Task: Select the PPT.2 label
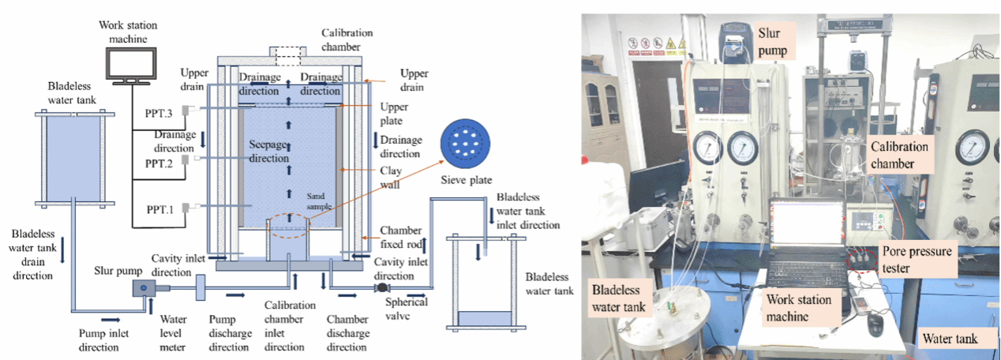[x=160, y=163]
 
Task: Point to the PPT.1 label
[x=160, y=208]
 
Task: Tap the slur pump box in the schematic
[x=146, y=288]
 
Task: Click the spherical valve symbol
[x=381, y=288]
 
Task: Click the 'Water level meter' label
[x=175, y=326]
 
